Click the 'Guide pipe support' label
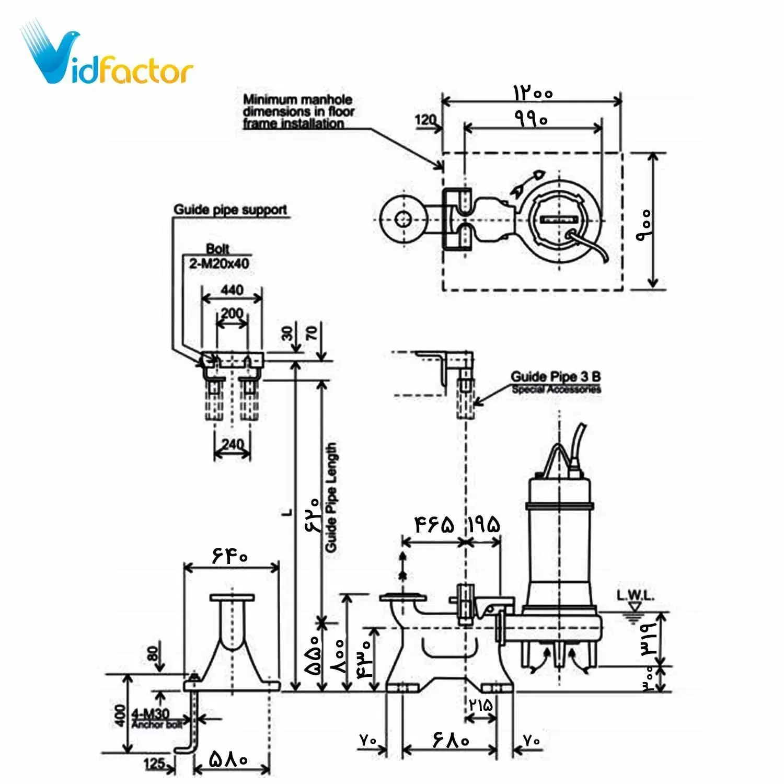coord(230,210)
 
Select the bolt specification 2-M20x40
coord(219,263)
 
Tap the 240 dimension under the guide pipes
coord(233,444)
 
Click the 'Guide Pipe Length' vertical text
coord(331,497)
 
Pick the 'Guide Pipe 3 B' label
coord(555,376)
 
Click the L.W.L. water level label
coord(635,595)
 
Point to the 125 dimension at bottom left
coord(155,763)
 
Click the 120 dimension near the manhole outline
coord(425,120)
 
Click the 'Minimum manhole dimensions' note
coord(298,111)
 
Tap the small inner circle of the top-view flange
coord(402,219)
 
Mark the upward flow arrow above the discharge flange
coord(402,564)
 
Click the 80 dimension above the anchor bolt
coord(153,653)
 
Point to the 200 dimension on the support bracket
coord(232,313)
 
